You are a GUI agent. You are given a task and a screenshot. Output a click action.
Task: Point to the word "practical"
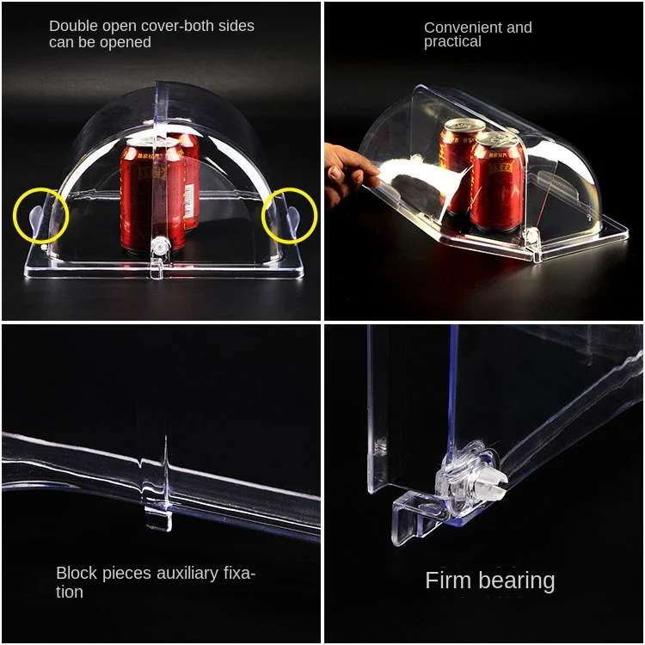click(452, 41)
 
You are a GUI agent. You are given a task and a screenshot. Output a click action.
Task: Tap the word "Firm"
click(448, 580)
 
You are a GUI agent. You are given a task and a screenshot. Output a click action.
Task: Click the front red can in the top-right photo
click(497, 181)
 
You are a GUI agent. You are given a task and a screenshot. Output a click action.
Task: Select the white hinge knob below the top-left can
click(160, 247)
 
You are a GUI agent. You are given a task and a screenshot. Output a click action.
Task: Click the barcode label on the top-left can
click(189, 200)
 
